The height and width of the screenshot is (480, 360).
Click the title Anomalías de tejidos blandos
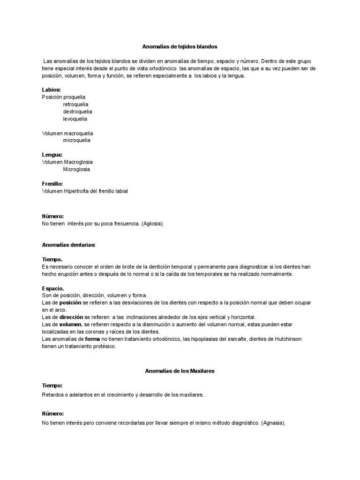(180, 47)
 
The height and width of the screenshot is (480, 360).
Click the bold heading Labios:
(51, 90)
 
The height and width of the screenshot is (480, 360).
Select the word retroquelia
(76, 104)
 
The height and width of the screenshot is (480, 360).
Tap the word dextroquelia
(77, 112)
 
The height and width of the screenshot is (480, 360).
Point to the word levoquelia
(75, 119)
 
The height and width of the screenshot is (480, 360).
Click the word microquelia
(77, 140)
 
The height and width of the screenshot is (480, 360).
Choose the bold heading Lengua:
(52, 155)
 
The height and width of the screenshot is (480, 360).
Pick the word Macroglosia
(78, 162)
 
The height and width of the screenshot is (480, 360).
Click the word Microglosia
(77, 169)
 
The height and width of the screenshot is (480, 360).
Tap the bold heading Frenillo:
(52, 184)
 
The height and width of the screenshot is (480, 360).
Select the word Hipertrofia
(76, 191)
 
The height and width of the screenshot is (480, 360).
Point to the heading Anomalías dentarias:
(68, 245)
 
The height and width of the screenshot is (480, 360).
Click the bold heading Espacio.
(52, 288)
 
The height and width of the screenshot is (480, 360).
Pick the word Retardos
(52, 395)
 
